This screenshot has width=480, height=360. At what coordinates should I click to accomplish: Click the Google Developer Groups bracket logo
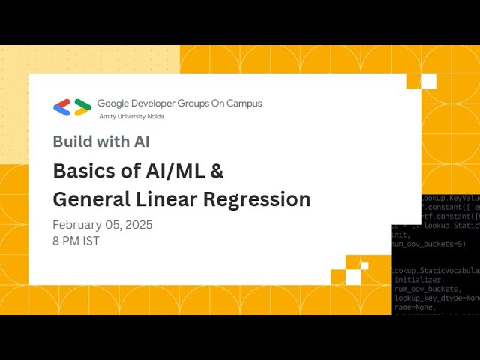click(x=73, y=107)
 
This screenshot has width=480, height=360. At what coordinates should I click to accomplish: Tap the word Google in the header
click(x=116, y=103)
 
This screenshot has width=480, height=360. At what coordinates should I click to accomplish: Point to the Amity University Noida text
click(x=131, y=117)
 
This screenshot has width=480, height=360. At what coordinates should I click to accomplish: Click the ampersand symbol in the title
click(x=216, y=171)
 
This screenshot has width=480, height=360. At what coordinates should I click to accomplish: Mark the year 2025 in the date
click(x=137, y=225)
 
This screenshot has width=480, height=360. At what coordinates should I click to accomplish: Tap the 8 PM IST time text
click(x=76, y=241)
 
